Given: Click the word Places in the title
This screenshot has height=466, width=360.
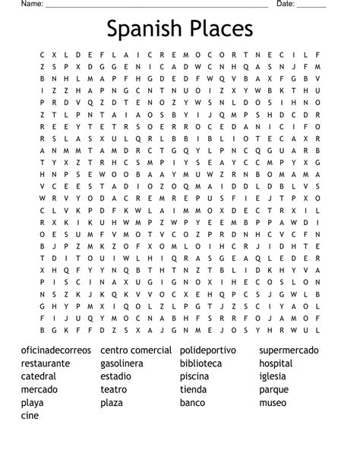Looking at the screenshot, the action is click(218, 29).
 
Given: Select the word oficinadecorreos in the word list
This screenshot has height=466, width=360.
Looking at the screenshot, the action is click(57, 350).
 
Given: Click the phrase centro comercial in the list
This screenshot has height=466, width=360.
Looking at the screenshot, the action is click(135, 350).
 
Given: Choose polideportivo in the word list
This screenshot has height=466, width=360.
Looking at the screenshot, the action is click(208, 350).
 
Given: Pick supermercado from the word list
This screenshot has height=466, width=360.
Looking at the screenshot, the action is click(289, 350).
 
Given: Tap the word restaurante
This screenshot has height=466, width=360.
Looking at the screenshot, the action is click(46, 363).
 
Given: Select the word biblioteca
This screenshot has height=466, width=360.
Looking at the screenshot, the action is click(201, 363).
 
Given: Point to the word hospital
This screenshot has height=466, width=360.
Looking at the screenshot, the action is click(276, 364).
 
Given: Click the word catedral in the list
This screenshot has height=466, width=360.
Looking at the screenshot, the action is click(39, 376).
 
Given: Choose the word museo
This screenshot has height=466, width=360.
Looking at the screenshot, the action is click(273, 402).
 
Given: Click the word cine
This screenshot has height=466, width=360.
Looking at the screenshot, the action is click(30, 415).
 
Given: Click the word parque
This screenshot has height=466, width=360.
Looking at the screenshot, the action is click(273, 390).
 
